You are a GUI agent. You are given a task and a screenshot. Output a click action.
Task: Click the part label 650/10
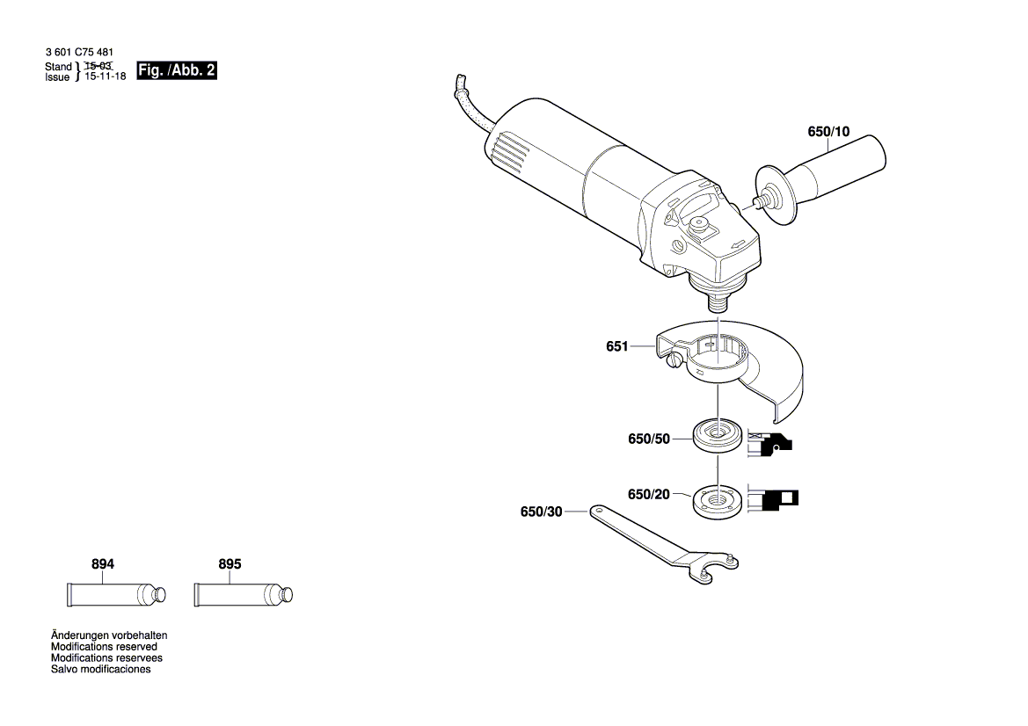point(828,132)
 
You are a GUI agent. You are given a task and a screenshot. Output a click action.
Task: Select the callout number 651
point(616,347)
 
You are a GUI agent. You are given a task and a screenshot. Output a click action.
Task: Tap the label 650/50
point(648,439)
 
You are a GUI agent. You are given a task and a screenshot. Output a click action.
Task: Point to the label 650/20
point(648,495)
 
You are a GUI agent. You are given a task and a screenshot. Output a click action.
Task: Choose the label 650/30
point(540,512)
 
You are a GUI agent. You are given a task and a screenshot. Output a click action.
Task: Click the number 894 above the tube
point(103,564)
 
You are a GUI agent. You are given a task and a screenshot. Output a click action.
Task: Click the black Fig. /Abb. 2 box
point(177,71)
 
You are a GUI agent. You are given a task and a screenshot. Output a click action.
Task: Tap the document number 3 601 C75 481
point(79,53)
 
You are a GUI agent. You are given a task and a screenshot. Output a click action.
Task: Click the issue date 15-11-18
point(105,77)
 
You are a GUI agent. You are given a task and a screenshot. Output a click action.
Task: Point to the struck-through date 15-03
point(98,66)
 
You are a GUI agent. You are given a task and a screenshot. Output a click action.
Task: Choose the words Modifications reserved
point(104,646)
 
